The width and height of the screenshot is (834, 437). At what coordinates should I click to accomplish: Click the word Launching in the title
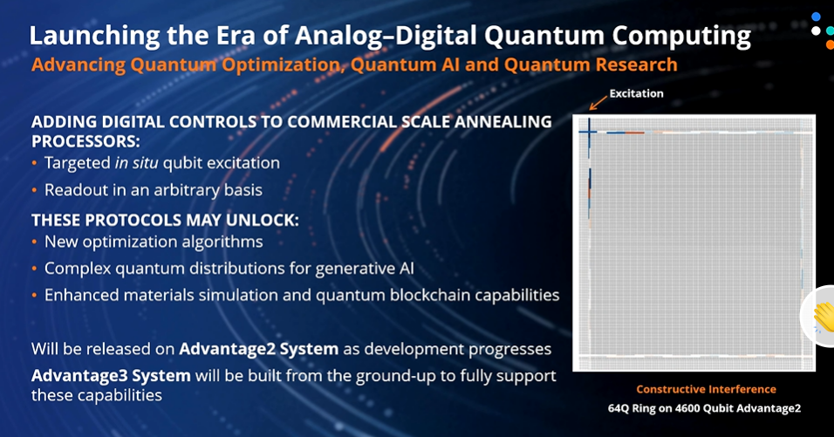tap(94, 36)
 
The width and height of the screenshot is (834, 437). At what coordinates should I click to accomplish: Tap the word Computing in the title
tap(681, 36)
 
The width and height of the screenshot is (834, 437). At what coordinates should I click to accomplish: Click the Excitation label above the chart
tap(636, 93)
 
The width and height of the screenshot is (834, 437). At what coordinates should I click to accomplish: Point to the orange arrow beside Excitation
tap(598, 103)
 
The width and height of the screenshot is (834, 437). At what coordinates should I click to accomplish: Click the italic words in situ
tap(137, 163)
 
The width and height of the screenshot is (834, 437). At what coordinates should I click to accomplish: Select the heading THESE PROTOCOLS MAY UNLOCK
tap(165, 220)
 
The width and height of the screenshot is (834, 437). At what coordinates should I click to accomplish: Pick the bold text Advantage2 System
tap(259, 349)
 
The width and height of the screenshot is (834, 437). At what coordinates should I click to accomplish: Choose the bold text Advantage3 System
tap(111, 376)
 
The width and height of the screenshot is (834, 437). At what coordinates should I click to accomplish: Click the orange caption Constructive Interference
tap(706, 389)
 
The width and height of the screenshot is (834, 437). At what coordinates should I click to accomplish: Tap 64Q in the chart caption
tap(619, 408)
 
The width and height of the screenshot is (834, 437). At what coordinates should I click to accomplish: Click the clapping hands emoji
tap(824, 317)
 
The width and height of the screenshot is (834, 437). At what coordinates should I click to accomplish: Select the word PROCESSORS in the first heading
tap(85, 141)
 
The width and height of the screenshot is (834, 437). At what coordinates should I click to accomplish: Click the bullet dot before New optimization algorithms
tap(35, 242)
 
